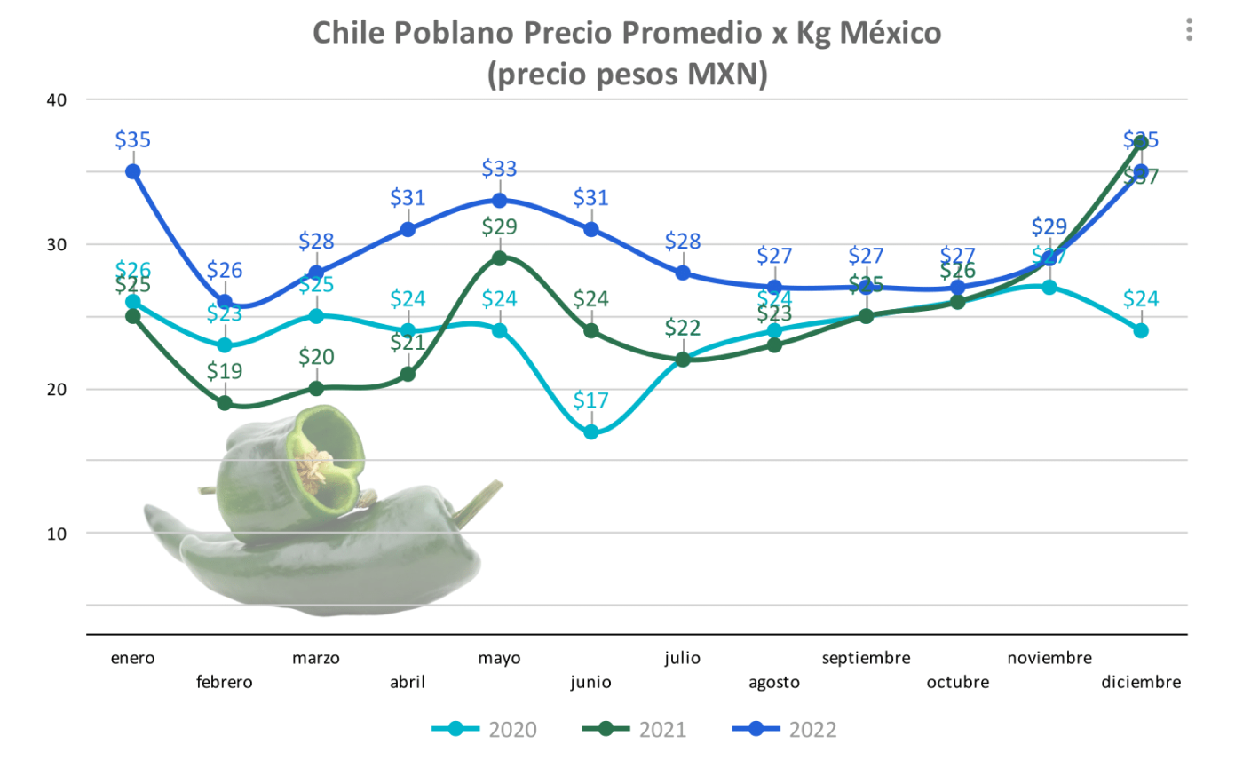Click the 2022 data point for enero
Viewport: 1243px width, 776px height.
[x=133, y=171]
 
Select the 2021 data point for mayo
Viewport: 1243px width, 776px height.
[x=499, y=258]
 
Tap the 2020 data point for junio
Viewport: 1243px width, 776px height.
[x=591, y=432]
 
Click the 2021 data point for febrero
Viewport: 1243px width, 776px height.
[x=225, y=403]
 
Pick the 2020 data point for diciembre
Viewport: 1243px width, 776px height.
[x=1141, y=330]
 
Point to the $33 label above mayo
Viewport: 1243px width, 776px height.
[x=499, y=169]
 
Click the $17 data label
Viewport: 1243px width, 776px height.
[x=591, y=400]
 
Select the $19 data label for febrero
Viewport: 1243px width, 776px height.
[x=225, y=371]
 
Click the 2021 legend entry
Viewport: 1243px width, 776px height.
[x=635, y=730]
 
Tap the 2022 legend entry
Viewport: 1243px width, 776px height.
[x=785, y=730]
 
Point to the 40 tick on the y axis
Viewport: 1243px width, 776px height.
[x=57, y=99]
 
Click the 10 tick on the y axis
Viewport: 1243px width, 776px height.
[x=57, y=534]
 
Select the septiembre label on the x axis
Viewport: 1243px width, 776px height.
[x=866, y=658]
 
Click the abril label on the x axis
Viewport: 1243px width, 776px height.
[x=408, y=682]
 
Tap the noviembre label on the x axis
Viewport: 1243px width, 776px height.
[x=1049, y=658]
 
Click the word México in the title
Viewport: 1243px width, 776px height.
[x=890, y=33]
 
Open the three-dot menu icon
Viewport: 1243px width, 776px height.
[x=1189, y=29]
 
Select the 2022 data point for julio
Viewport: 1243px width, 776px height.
[x=683, y=273]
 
